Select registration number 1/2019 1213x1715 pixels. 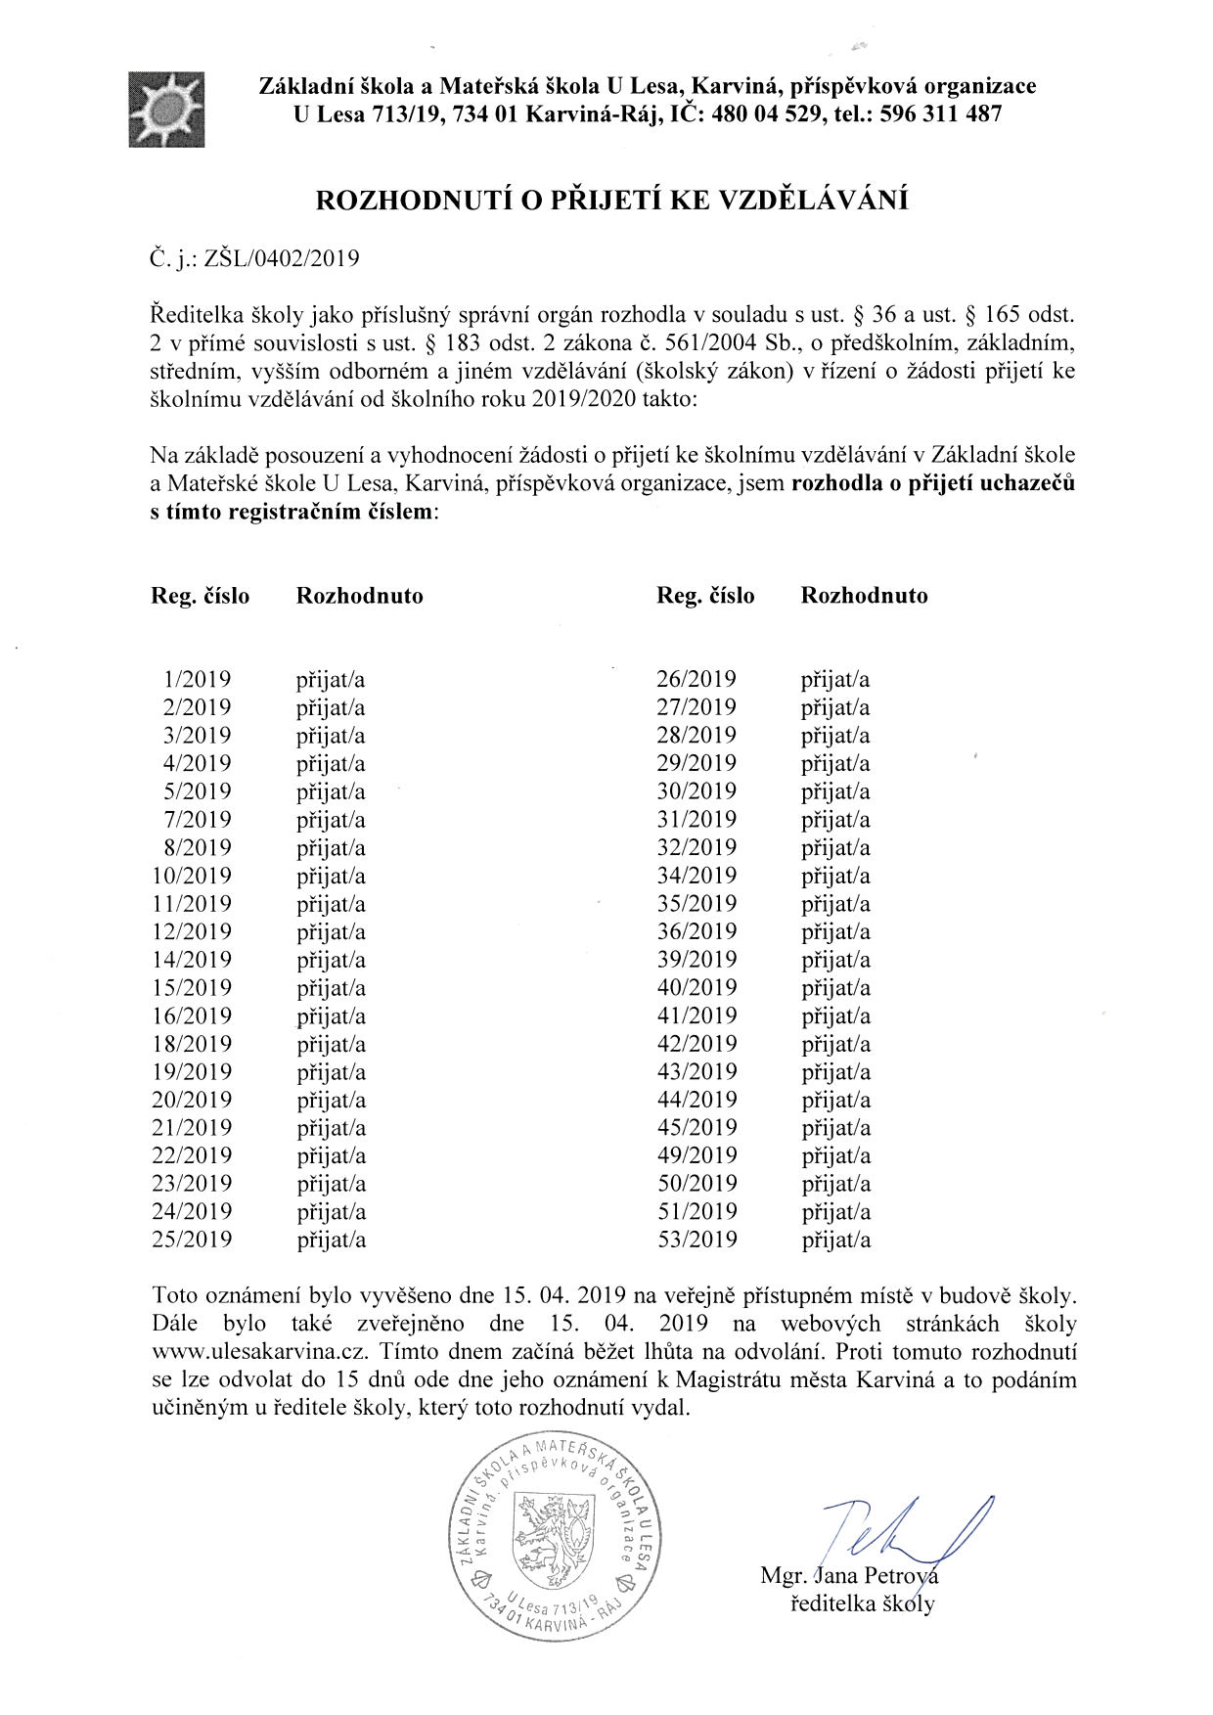[199, 679]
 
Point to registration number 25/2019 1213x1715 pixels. [193, 1241]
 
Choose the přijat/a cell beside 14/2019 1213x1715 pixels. [331, 960]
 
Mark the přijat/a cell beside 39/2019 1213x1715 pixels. [835, 960]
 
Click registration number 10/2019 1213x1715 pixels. [193, 876]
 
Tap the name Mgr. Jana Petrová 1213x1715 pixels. [849, 1576]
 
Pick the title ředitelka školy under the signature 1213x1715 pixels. [862, 1604]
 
